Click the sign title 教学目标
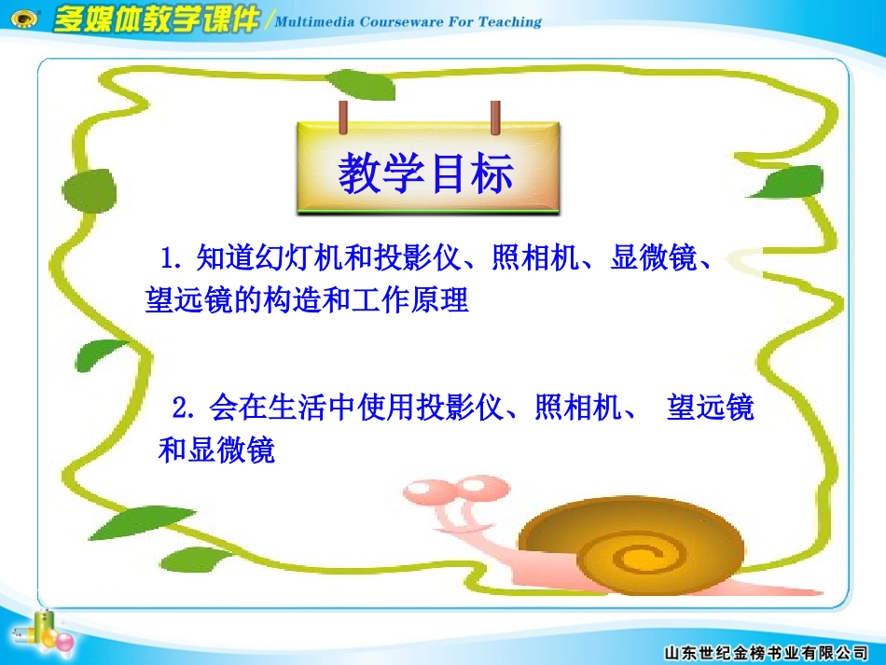(425, 174)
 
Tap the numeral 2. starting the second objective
(185, 409)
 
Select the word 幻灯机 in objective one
(285, 256)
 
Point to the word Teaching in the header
(509, 21)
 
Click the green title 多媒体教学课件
(156, 21)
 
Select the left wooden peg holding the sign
(343, 118)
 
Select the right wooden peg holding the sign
(495, 118)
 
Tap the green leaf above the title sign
(364, 84)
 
